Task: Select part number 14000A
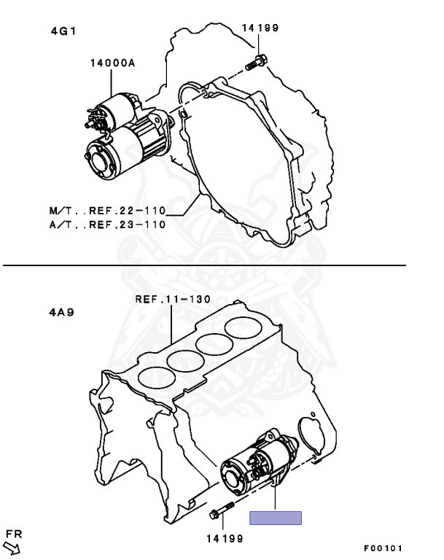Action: tap(113, 63)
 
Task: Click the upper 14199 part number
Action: tap(260, 28)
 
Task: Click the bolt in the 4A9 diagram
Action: tap(219, 513)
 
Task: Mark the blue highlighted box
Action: tap(276, 518)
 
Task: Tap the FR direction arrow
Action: tap(12, 546)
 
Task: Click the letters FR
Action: tap(14, 532)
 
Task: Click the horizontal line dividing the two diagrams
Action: tap(204, 265)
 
